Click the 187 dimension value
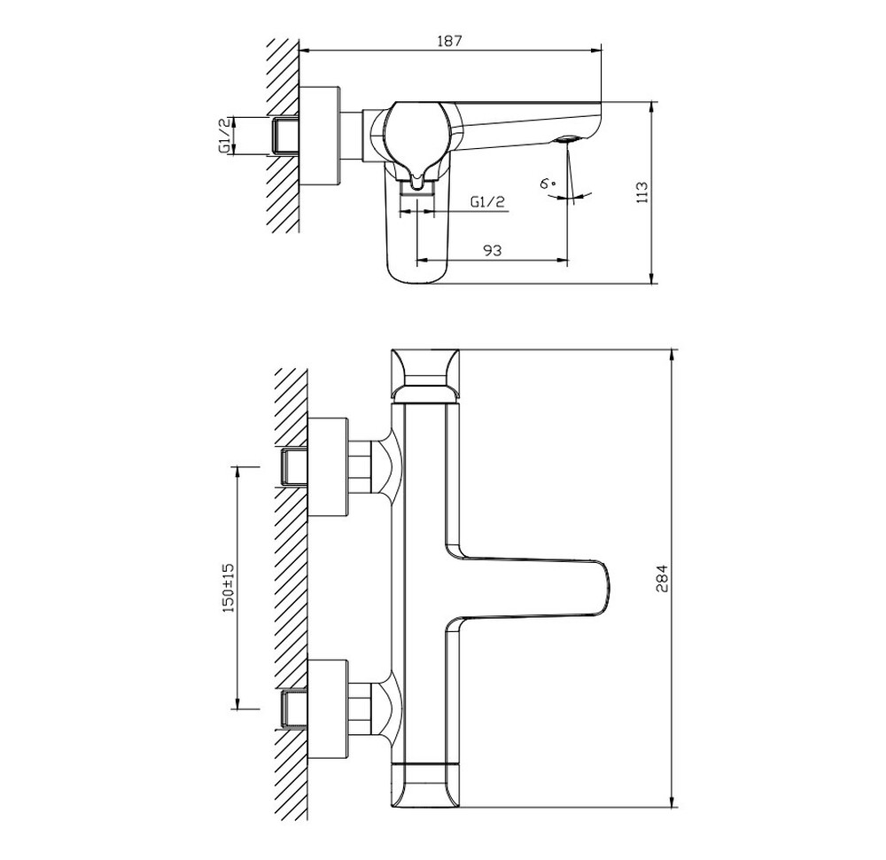click(x=450, y=41)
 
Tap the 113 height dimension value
click(x=641, y=192)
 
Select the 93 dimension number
click(x=492, y=249)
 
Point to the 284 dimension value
click(x=662, y=578)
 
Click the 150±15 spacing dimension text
click(x=229, y=588)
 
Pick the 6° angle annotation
click(x=548, y=184)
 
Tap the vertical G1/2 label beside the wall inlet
click(x=224, y=136)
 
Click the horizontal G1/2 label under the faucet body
click(x=487, y=202)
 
